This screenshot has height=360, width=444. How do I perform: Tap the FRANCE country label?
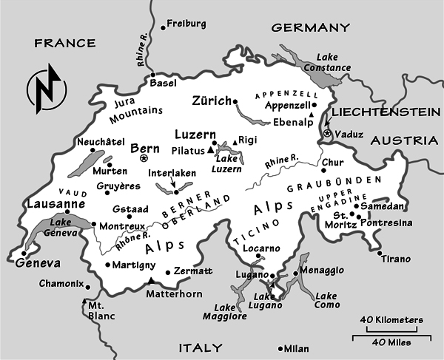(x=65, y=44)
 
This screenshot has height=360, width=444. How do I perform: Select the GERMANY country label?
(x=310, y=28)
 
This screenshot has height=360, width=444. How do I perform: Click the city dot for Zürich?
(x=235, y=101)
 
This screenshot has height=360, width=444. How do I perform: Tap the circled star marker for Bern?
(x=144, y=157)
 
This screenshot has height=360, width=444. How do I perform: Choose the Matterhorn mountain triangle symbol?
(x=151, y=281)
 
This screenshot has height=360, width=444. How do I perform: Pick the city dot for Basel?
(x=153, y=75)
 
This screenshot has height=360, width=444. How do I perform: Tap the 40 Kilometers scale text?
(x=392, y=319)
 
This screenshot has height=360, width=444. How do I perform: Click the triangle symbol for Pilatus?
(x=210, y=150)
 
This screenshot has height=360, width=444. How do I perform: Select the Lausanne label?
(x=50, y=203)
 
